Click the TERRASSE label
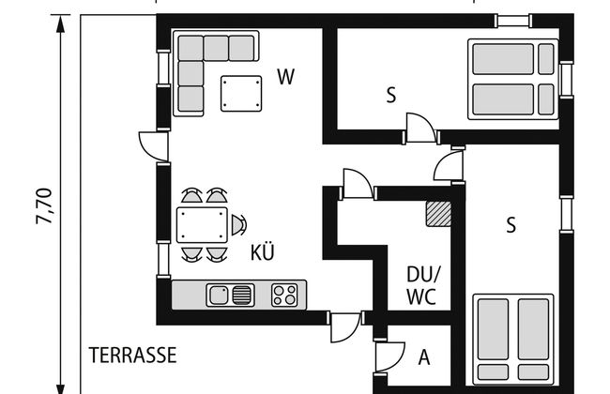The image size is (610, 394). pos(132,356)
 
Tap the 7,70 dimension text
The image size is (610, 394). pos(43,206)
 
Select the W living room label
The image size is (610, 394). pos(286,77)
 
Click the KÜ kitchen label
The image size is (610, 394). pos(262,251)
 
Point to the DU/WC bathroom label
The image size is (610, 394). pos(422,286)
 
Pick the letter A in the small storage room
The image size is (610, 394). pos(424,357)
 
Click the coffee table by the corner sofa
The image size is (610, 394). pos(241,94)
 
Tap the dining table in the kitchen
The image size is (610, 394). pos(202,225)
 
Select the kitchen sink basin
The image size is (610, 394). pos(218,295)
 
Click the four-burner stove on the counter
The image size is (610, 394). pos(284,295)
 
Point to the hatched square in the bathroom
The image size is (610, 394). pos(438,214)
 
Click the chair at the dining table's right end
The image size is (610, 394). pos(239,225)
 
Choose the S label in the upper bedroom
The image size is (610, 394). pos(391,95)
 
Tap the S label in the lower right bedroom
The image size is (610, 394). pos(511,225)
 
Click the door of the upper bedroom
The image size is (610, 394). pos(420,127)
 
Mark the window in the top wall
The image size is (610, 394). pos(514,21)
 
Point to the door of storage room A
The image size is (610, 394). pos(390,356)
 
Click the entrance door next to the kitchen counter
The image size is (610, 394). pos(344,327)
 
